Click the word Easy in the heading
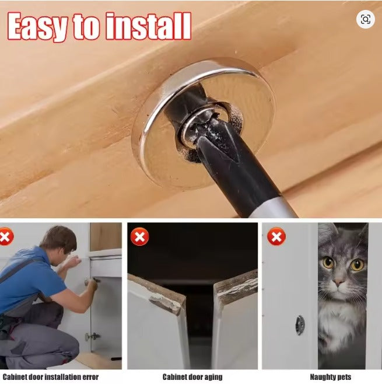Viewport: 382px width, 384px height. tap(38, 26)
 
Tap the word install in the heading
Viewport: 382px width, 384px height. tap(148, 26)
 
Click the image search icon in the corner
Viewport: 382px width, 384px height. tap(365, 19)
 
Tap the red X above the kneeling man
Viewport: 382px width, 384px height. tap(6, 236)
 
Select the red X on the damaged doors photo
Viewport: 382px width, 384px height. tap(139, 236)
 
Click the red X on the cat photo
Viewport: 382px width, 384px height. tap(276, 236)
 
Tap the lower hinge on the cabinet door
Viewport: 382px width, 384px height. tap(92, 337)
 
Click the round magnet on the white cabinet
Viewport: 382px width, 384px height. tap(300, 325)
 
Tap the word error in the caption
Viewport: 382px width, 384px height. tap(90, 376)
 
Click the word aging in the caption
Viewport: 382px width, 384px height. tap(213, 377)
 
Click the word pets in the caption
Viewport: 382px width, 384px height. tap(345, 377)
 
